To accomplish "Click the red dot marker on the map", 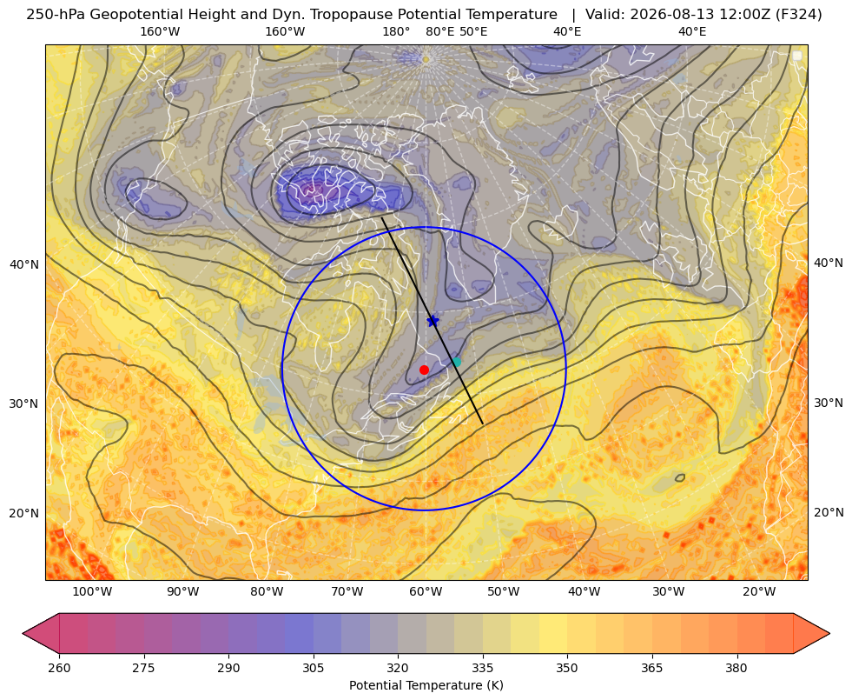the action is point(424,370).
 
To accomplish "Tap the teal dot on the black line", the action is point(457,362).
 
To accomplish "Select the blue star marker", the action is point(433,321).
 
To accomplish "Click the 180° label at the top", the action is point(396,31).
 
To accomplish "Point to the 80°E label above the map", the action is point(439,31).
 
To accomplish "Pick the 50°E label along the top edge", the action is point(473,31).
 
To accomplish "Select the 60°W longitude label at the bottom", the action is point(425,591).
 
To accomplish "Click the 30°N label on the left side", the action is point(24,403).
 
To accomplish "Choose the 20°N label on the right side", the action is point(829,512).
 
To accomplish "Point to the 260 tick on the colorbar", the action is point(59,668).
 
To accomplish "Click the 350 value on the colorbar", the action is point(567,668).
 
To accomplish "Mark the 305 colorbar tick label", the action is point(313,668).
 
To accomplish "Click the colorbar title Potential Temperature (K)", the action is point(426,685).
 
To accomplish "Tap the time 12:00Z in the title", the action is point(742,15).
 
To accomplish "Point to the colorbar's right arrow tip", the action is point(829,633).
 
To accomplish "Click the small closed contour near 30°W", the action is point(680,477).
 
